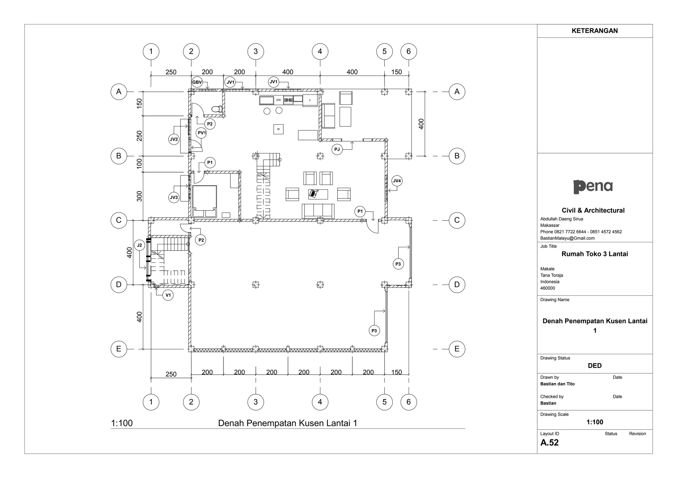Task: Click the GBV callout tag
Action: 197,82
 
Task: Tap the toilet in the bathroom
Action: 217,109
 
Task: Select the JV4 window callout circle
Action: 397,181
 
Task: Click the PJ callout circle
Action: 337,150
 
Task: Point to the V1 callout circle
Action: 168,295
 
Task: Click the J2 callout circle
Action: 139,245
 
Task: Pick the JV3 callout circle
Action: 174,198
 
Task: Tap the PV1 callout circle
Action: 201,133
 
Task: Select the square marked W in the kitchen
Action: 278,129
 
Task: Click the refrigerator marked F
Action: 310,100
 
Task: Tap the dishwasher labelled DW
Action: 279,100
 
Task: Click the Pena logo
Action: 593,187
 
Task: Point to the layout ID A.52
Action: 549,443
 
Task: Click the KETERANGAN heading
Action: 594,31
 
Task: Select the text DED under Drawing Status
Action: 594,365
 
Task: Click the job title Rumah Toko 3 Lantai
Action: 594,254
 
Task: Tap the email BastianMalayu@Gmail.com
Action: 567,238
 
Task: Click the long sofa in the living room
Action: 318,211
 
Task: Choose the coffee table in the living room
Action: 318,194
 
